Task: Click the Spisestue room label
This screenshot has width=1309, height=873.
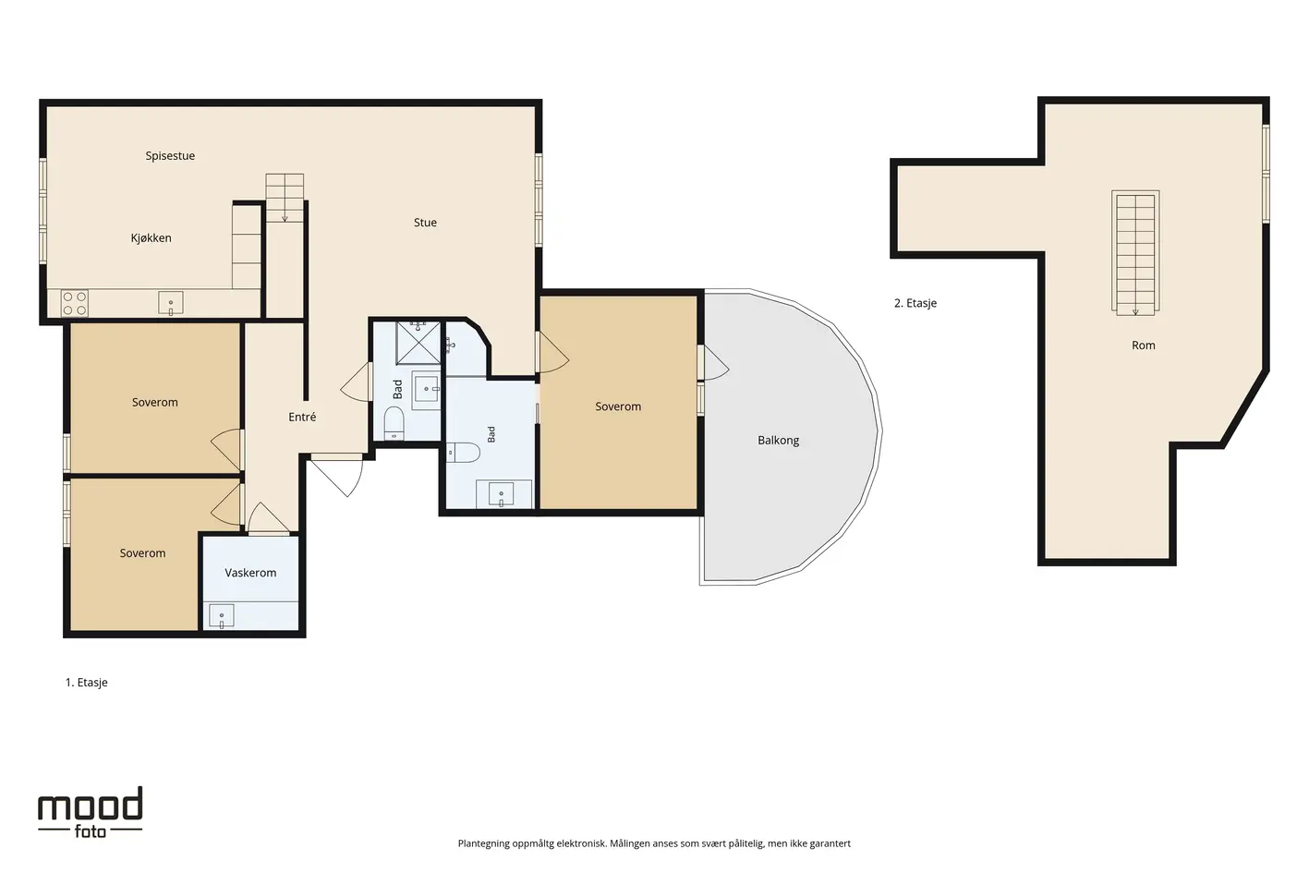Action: point(170,156)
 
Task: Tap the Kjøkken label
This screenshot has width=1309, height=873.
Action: point(151,237)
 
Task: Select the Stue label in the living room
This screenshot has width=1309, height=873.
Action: point(425,223)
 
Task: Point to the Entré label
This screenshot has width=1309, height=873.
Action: point(302,417)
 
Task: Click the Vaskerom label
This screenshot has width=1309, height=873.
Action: point(250,573)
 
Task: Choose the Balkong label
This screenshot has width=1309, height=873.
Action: point(779,440)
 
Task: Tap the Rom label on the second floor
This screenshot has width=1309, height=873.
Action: point(1143,346)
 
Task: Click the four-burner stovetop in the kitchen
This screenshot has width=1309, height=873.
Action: point(75,304)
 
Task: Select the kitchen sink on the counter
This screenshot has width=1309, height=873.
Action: point(171,303)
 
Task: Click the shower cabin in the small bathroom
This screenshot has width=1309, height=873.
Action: point(418,343)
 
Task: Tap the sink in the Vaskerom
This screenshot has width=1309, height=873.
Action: point(222,616)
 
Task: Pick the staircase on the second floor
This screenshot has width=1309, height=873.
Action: point(1135,253)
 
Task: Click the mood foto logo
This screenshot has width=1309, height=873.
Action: point(90,812)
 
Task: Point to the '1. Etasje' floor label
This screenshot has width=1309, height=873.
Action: point(87,683)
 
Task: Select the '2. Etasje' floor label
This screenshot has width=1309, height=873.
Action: point(915,303)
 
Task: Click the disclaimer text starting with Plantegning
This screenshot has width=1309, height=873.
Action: point(654,843)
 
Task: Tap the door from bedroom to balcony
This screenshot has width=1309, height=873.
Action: point(713,362)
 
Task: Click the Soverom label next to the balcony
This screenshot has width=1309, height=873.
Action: point(618,406)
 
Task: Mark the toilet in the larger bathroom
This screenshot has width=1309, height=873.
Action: point(463,453)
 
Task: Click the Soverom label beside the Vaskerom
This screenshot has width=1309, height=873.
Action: point(142,553)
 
